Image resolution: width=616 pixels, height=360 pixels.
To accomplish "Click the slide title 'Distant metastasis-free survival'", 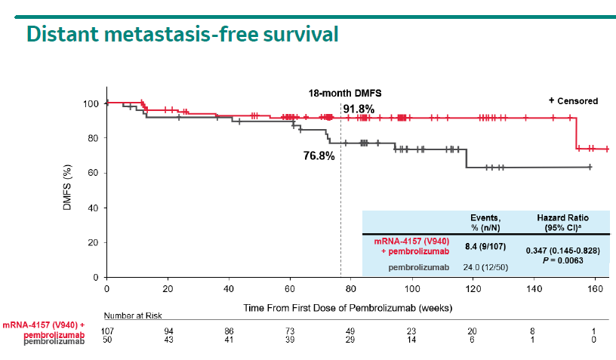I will click(x=181, y=34).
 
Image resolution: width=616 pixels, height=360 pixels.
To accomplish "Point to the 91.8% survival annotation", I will click(x=359, y=109).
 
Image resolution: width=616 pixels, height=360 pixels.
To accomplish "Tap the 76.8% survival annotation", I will click(x=319, y=156).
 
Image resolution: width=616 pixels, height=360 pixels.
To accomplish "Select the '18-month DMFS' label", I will click(x=344, y=93).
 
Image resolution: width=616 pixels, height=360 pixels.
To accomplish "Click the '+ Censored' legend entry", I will click(x=573, y=100).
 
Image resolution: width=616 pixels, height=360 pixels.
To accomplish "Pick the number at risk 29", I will click(x=350, y=341).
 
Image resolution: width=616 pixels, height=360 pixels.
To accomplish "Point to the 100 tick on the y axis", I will click(x=92, y=103).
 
